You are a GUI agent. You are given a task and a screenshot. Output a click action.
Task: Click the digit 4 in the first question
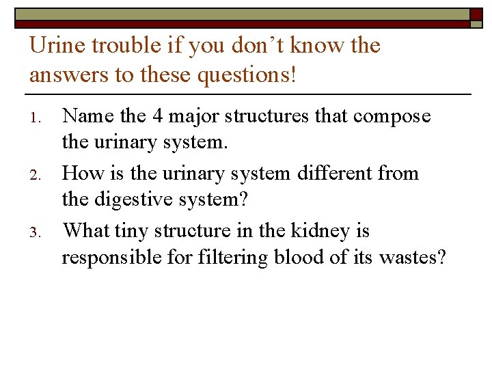click(157, 116)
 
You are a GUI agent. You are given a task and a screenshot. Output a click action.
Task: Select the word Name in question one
click(88, 116)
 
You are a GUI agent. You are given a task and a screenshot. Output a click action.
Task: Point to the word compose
click(392, 117)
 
